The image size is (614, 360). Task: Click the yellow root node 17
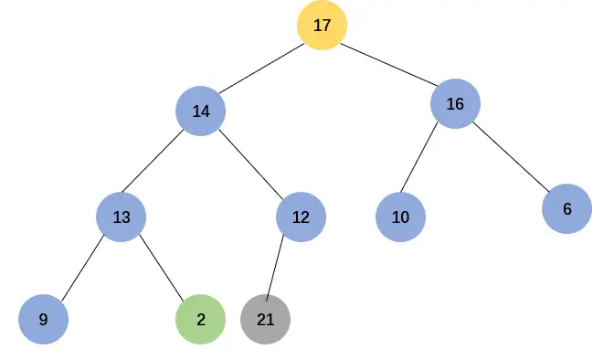(x=322, y=26)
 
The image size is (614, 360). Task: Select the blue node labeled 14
(x=201, y=111)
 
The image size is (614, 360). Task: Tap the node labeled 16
(x=455, y=104)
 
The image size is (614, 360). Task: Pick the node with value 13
(x=122, y=217)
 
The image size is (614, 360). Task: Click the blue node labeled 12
(x=301, y=217)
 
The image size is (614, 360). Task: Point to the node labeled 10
(x=400, y=217)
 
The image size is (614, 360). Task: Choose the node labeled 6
(x=566, y=209)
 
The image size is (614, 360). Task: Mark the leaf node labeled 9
(x=44, y=320)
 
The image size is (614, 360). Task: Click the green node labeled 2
(x=200, y=320)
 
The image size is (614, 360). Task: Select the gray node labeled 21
(x=265, y=320)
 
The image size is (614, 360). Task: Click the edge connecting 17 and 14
(x=261, y=69)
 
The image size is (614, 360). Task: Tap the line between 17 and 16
(x=388, y=65)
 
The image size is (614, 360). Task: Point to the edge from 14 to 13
(x=161, y=164)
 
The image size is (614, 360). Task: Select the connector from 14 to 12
(x=250, y=164)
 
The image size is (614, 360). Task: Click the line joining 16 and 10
(x=428, y=161)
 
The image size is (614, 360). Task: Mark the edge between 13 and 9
(x=82, y=269)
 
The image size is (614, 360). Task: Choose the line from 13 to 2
(x=161, y=269)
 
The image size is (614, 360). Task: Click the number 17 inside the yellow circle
(x=322, y=26)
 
